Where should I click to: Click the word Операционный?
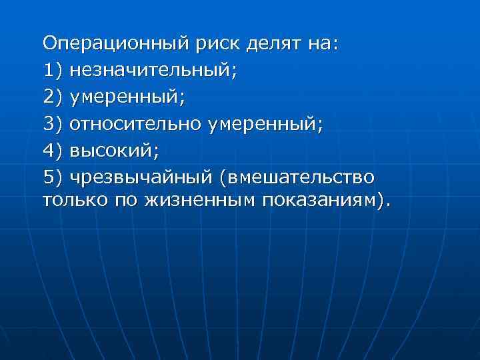[x=117, y=44]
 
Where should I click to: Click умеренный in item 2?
[x=127, y=97]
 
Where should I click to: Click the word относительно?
[x=144, y=124]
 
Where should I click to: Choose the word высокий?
[x=114, y=151]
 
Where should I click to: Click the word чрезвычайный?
[x=145, y=178]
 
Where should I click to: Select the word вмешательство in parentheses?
[x=301, y=178]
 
